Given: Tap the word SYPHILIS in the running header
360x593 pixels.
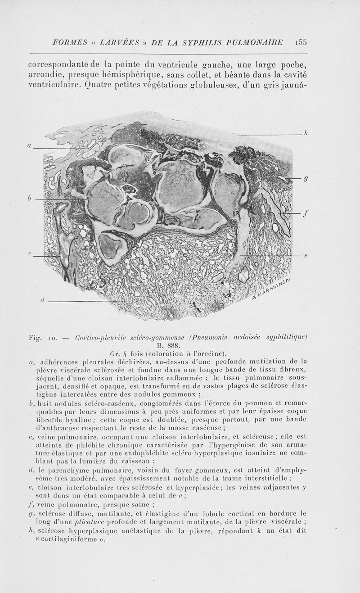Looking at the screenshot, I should [x=195, y=42].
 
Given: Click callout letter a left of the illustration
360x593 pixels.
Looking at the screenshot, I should [x=29, y=145].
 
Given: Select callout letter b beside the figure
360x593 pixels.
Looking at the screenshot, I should [x=29, y=198].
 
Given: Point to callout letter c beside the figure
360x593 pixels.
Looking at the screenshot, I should [x=29, y=254].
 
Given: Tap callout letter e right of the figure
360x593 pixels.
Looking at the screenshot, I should [x=306, y=256].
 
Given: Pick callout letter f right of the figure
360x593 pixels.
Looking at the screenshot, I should [x=306, y=214].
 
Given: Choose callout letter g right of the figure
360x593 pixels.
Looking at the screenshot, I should [x=306, y=178].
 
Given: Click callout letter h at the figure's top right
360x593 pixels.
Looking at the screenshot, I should [x=306, y=133].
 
